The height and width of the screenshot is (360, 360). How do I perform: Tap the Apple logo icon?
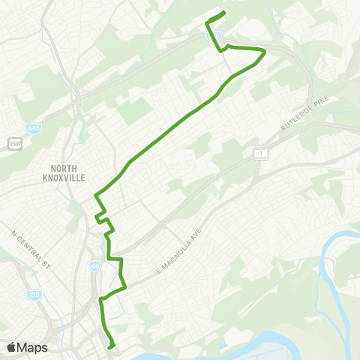[x=11, y=347]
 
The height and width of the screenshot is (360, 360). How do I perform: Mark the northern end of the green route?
[x=224, y=13]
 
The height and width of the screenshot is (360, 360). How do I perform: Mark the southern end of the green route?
[x=111, y=347]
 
